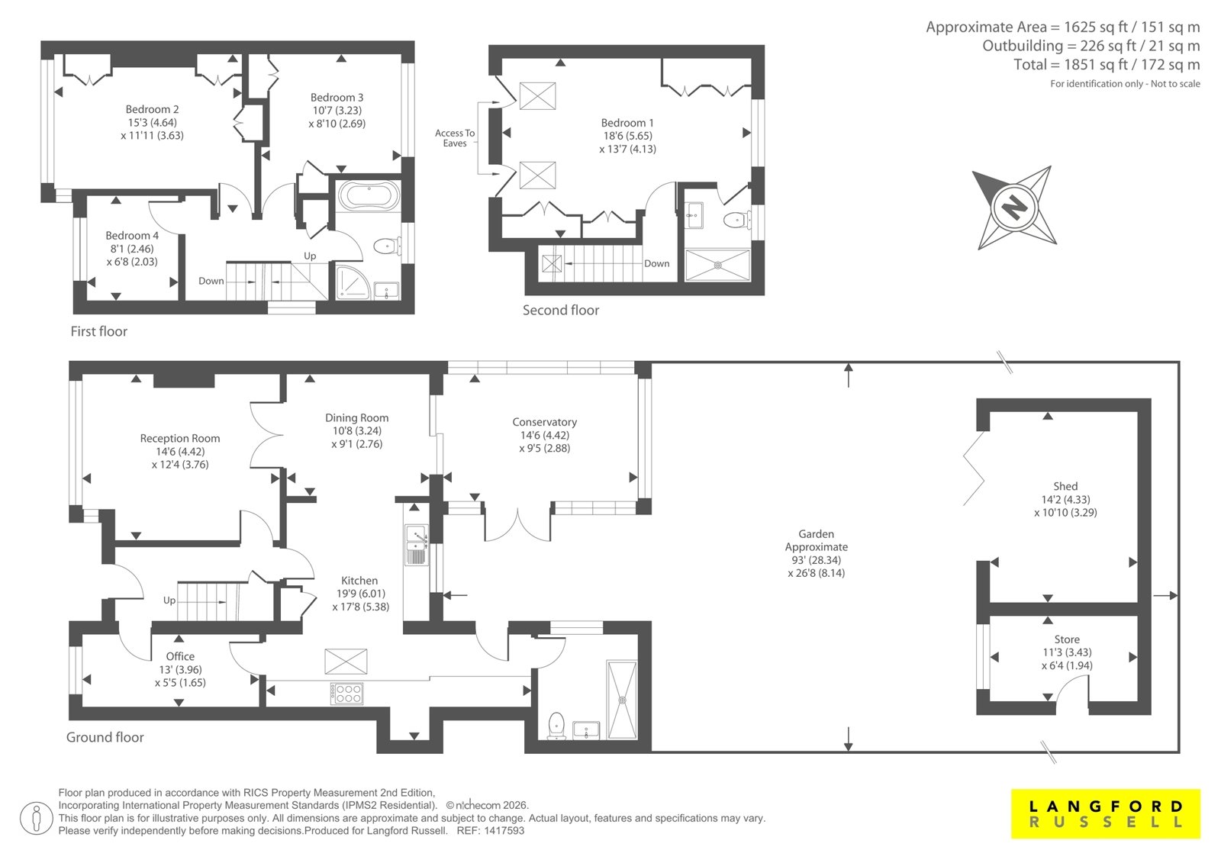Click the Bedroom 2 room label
coord(152,122)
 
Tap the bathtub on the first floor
coord(369,195)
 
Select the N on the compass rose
coord(1014,208)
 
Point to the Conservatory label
coord(544,434)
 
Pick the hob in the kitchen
coord(346,694)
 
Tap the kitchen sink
coord(417,544)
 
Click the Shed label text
coord(1065,499)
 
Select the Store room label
coord(1067,652)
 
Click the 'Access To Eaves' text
coord(455,138)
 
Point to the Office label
coord(180,669)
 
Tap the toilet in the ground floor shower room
coord(556,726)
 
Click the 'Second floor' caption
coord(560,311)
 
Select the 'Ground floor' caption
coord(105,737)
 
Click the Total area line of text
coord(1107,65)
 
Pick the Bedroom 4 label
coord(132,248)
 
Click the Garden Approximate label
coord(816,552)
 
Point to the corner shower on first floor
coord(352,282)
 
